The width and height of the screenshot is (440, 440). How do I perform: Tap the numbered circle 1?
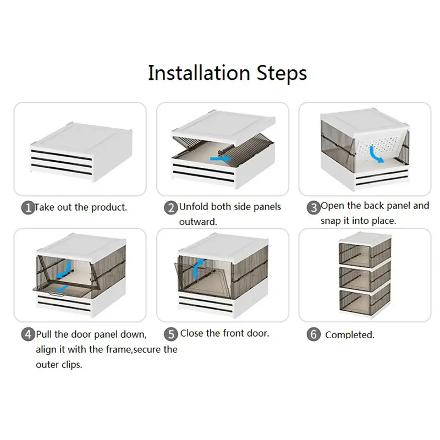(28, 208)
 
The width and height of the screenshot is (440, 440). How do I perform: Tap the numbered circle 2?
(170, 208)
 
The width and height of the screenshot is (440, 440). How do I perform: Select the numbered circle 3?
(313, 208)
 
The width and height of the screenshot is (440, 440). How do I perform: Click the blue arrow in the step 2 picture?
(219, 159)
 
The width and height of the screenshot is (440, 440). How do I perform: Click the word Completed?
(350, 335)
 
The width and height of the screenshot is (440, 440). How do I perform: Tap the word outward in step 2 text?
(197, 222)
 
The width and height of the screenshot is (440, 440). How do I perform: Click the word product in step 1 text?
(108, 208)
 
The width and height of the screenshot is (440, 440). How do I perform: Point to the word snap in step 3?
(331, 221)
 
